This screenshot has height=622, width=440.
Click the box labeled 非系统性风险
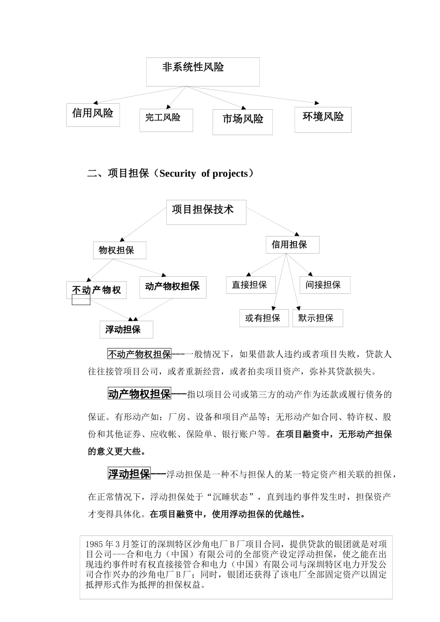[202, 71]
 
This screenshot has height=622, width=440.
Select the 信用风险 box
[93, 114]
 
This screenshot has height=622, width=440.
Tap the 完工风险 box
[166, 120]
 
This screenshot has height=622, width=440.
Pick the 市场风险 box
[242, 122]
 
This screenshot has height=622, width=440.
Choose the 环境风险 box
[323, 119]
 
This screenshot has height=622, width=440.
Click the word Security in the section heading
[177, 174]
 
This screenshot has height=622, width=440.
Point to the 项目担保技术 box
[206, 211]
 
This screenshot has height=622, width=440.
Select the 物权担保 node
[119, 250]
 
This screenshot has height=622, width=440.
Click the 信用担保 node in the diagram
[292, 244]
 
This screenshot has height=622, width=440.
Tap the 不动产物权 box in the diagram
[96, 290]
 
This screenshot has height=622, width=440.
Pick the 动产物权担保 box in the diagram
[172, 287]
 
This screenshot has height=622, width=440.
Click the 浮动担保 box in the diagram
[126, 330]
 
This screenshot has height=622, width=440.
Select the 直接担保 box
[250, 285]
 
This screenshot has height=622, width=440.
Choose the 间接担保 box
[324, 285]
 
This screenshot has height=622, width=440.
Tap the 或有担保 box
[263, 318]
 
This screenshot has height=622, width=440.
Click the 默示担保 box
[317, 318]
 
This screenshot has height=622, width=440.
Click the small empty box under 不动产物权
[81, 300]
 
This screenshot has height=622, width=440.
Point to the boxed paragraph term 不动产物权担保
[139, 354]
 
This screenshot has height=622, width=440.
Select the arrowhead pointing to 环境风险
[317, 102]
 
